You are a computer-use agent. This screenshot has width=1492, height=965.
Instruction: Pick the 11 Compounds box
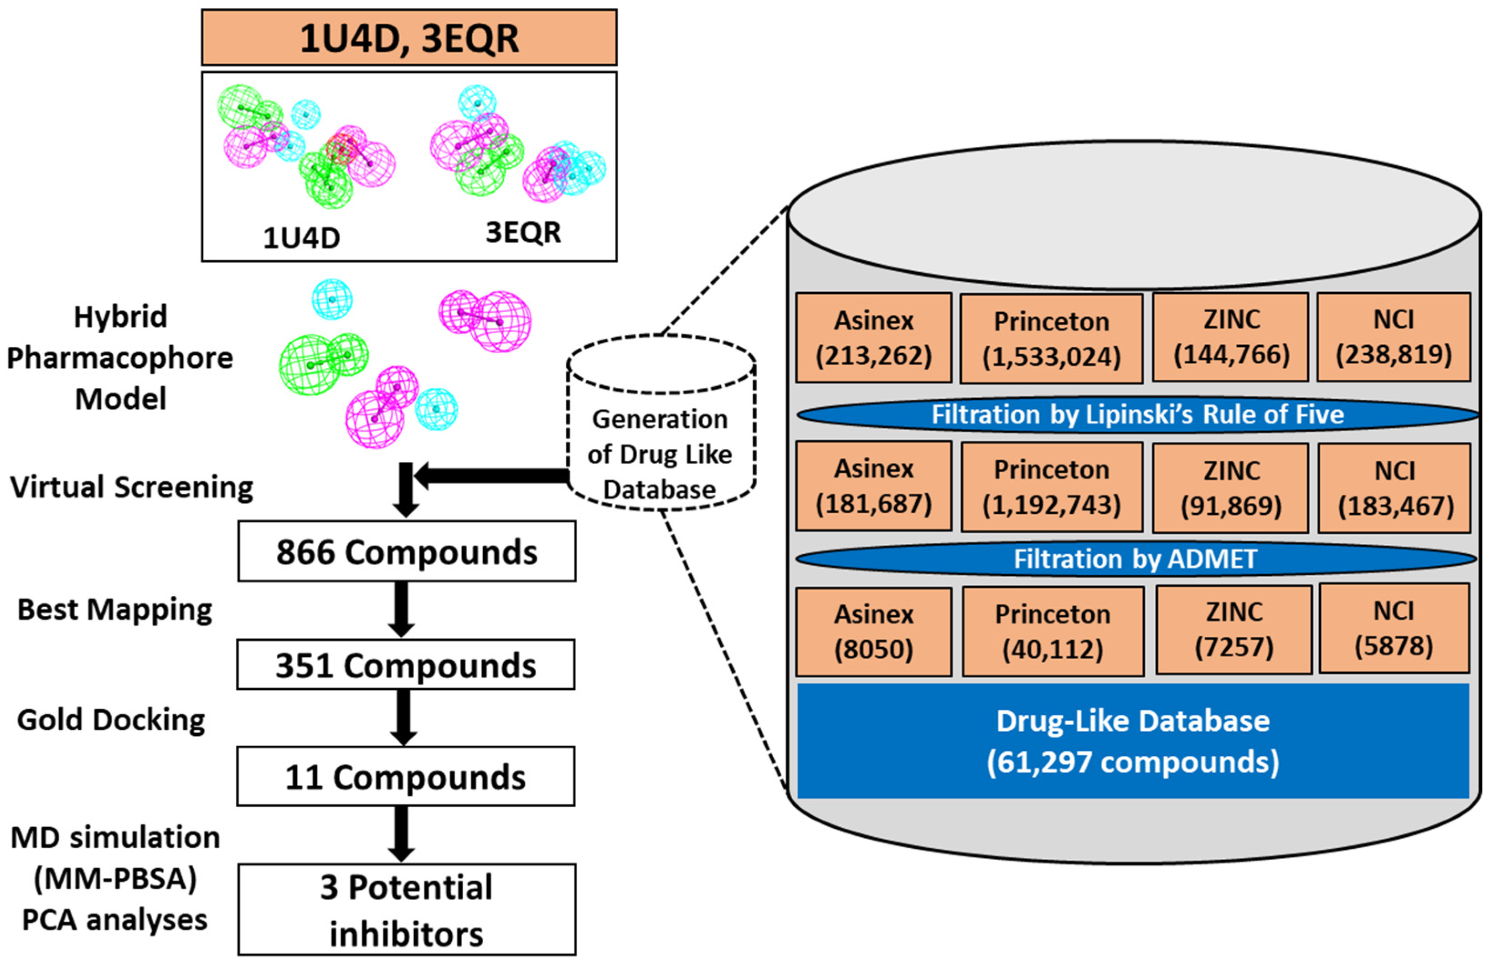(405, 776)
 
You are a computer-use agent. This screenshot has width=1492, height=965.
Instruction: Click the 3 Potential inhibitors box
(406, 909)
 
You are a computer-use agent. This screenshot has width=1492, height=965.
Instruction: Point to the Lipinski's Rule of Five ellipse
(1137, 414)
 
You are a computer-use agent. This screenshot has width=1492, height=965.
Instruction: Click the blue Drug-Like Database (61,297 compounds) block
(1132, 741)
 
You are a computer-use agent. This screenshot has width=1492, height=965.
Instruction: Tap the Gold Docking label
(111, 719)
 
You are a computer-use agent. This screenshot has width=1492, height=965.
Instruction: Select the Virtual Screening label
(132, 487)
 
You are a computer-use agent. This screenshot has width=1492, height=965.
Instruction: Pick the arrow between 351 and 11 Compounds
(404, 717)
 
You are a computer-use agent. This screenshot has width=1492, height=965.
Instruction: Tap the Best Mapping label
(115, 609)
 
